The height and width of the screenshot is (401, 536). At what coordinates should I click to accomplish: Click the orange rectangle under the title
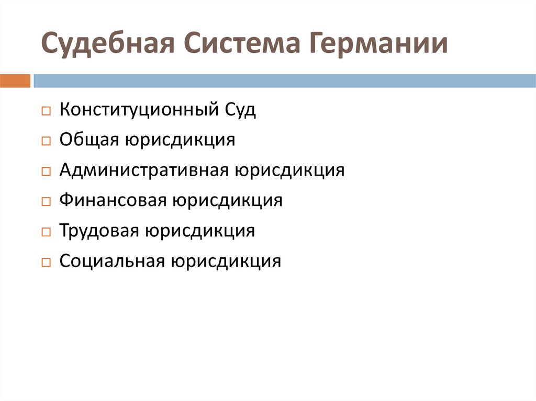coord(15,81)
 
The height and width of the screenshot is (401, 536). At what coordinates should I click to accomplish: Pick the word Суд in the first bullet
coord(240,110)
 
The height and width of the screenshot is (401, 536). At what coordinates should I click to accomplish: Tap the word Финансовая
coord(113,200)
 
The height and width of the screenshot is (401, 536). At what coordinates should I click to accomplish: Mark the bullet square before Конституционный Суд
coord(46,112)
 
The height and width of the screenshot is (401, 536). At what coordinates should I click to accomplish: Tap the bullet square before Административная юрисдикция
coord(46,172)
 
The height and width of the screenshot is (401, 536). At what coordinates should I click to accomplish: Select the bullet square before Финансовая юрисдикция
coord(46,202)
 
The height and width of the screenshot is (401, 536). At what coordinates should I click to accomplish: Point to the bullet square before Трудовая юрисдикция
coord(46,232)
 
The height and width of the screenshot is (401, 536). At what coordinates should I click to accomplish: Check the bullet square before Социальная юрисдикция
coord(46,262)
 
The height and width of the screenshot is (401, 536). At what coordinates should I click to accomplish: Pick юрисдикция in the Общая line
coord(179,140)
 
